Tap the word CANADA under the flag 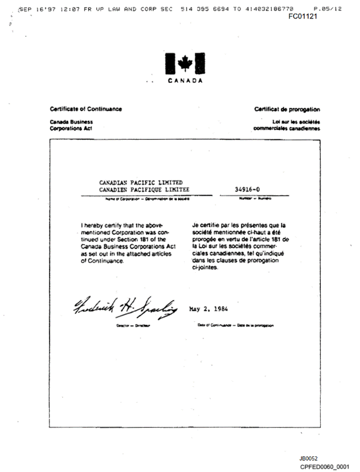coord(185,81)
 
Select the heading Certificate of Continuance coord(86,109)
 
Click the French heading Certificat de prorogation coord(287,109)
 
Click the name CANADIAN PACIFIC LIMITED coord(141,182)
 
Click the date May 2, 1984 coord(209,309)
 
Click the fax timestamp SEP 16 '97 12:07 coord(49,9)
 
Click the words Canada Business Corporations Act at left coord(71,125)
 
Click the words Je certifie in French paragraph coord(205,225)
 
